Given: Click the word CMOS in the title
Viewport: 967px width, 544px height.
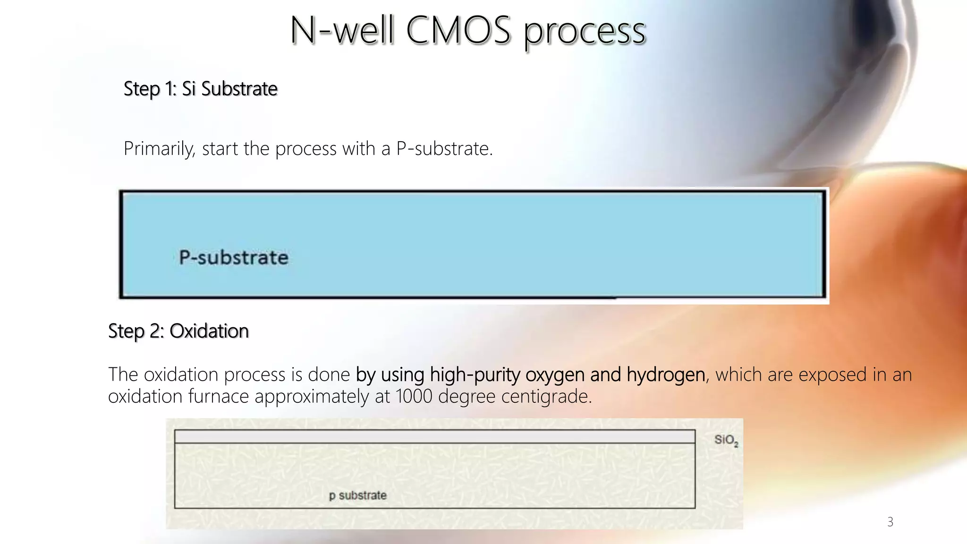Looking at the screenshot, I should (458, 31).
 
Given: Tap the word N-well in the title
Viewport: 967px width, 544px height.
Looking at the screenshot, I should (342, 31).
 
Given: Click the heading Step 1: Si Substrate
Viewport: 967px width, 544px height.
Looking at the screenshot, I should (200, 89).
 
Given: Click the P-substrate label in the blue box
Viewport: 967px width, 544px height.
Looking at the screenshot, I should (233, 258).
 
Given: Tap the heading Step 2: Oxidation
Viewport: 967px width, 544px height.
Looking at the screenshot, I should (178, 331).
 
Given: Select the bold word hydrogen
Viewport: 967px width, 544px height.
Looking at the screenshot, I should (666, 375).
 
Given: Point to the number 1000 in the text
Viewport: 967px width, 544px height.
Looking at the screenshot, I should (414, 396).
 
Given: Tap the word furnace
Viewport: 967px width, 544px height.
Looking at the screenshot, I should (218, 396).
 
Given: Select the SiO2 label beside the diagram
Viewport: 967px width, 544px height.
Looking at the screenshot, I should (726, 440).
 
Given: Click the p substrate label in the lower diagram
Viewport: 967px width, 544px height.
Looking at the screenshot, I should (357, 495).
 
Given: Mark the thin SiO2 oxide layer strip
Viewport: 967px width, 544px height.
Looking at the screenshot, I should (434, 436).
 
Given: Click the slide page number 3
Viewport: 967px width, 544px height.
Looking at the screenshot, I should (890, 522).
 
